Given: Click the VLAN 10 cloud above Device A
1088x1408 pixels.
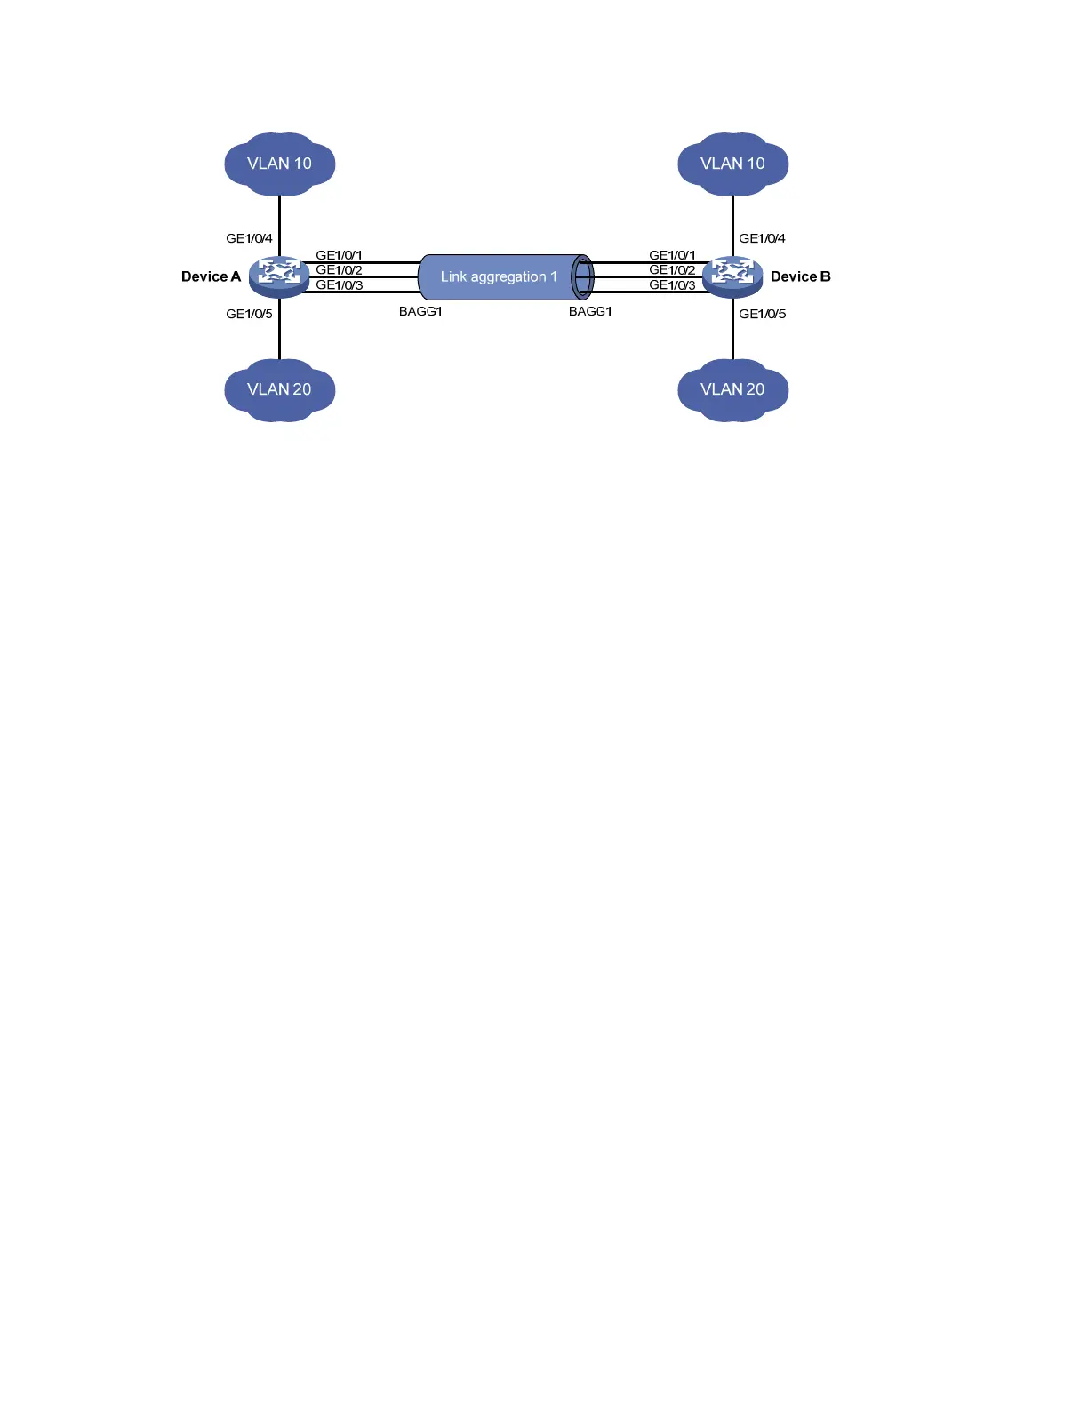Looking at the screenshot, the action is click(279, 164).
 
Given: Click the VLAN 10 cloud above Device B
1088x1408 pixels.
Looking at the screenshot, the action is click(732, 164).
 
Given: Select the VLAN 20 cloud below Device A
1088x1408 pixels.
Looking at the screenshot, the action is click(279, 389).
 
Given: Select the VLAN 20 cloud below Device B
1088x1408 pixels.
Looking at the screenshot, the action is click(732, 389).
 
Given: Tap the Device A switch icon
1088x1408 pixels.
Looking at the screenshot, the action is click(279, 276).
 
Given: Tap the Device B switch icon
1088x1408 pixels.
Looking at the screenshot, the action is click(732, 276).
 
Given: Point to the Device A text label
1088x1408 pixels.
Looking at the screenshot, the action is click(211, 276).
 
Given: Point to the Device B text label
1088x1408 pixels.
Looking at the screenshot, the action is click(800, 276).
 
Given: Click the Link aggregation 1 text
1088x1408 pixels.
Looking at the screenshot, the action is click(499, 276).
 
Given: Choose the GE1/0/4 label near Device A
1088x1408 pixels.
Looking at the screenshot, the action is click(249, 238).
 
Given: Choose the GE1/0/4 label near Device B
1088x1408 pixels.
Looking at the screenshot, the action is click(762, 238).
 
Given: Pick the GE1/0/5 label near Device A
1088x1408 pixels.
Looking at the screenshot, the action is click(249, 314).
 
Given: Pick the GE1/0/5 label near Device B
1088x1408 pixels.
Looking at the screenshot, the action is click(762, 314).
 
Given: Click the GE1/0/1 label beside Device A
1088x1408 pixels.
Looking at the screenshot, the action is click(339, 255).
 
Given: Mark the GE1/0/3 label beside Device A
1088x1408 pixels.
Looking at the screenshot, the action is click(339, 285).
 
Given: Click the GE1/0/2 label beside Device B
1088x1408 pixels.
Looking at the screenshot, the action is click(672, 270).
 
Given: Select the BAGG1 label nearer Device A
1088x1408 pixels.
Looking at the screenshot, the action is click(420, 311).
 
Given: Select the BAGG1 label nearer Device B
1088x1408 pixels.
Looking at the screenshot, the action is click(590, 311).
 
